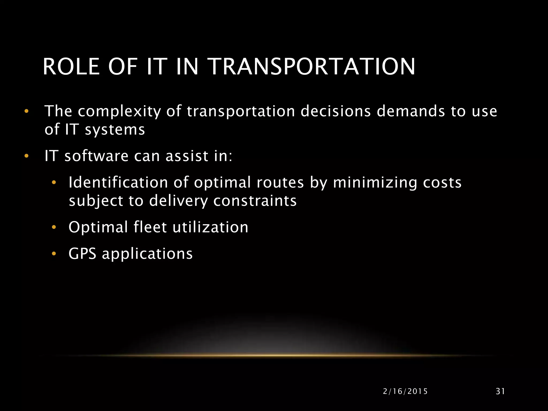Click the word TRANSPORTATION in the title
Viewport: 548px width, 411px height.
[x=312, y=67]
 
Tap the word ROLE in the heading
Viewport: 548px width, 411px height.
[x=71, y=67]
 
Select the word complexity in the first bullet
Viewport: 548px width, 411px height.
[x=119, y=112]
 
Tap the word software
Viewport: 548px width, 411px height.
[x=96, y=156]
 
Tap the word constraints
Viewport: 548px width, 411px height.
[x=255, y=201]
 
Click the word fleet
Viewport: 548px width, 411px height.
[x=150, y=227]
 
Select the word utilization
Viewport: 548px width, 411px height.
[x=211, y=227]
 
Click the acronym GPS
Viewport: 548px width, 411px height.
[x=82, y=253]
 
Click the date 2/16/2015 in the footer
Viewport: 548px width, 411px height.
[x=405, y=391]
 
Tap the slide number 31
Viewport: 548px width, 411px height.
[x=500, y=391]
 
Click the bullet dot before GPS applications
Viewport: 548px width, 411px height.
[x=54, y=253]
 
